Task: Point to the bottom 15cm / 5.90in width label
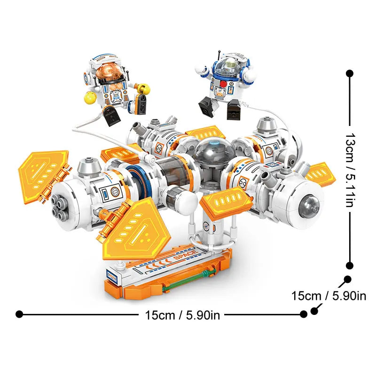(180, 314)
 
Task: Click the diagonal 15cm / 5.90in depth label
(329, 296)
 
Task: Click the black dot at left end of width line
(19, 314)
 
